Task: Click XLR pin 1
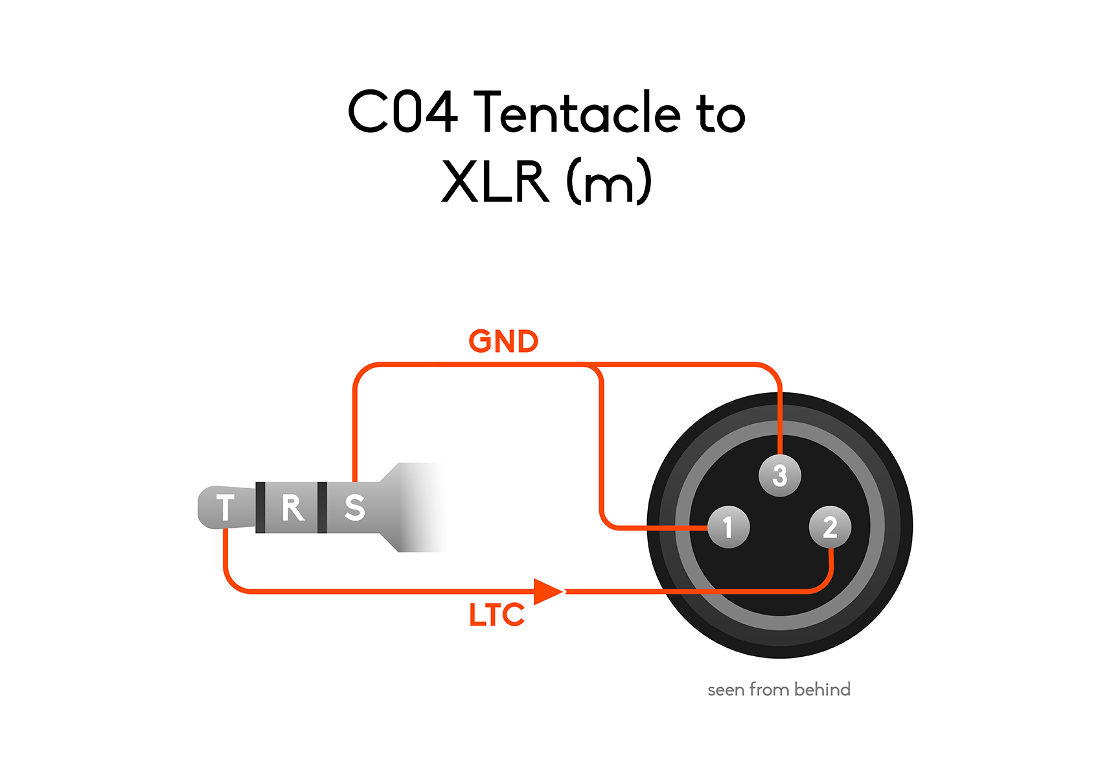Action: coord(728,527)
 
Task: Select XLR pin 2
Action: coord(830,527)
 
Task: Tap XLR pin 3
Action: coord(780,475)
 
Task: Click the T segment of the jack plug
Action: coord(226,508)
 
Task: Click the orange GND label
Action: coord(503,342)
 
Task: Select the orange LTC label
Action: coord(497,615)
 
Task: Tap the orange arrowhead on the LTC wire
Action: coord(548,591)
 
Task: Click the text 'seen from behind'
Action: coord(779,689)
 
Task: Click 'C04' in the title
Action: coord(403,112)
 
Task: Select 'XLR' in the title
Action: coord(495,182)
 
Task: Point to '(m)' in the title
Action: coord(609,182)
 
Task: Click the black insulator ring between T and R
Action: coord(260,508)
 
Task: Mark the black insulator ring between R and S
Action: coord(322,508)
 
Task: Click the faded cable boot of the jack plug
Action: coord(415,508)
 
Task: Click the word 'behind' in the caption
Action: coord(822,689)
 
